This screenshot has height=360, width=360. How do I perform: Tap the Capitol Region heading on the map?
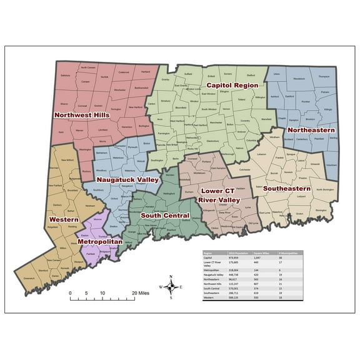pos(232,84)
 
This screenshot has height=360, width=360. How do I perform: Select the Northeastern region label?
pos(311,130)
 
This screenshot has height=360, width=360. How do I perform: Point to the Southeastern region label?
pos(286,187)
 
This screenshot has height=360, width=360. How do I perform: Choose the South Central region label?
pos(165,215)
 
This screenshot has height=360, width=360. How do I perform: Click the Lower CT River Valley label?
pos(219,194)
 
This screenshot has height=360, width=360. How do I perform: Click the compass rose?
pos(171,287)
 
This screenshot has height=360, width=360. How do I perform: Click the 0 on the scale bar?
pos(70,292)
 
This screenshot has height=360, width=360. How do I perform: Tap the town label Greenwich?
pos(47,277)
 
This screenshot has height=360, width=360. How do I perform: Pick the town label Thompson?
pos(324,76)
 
